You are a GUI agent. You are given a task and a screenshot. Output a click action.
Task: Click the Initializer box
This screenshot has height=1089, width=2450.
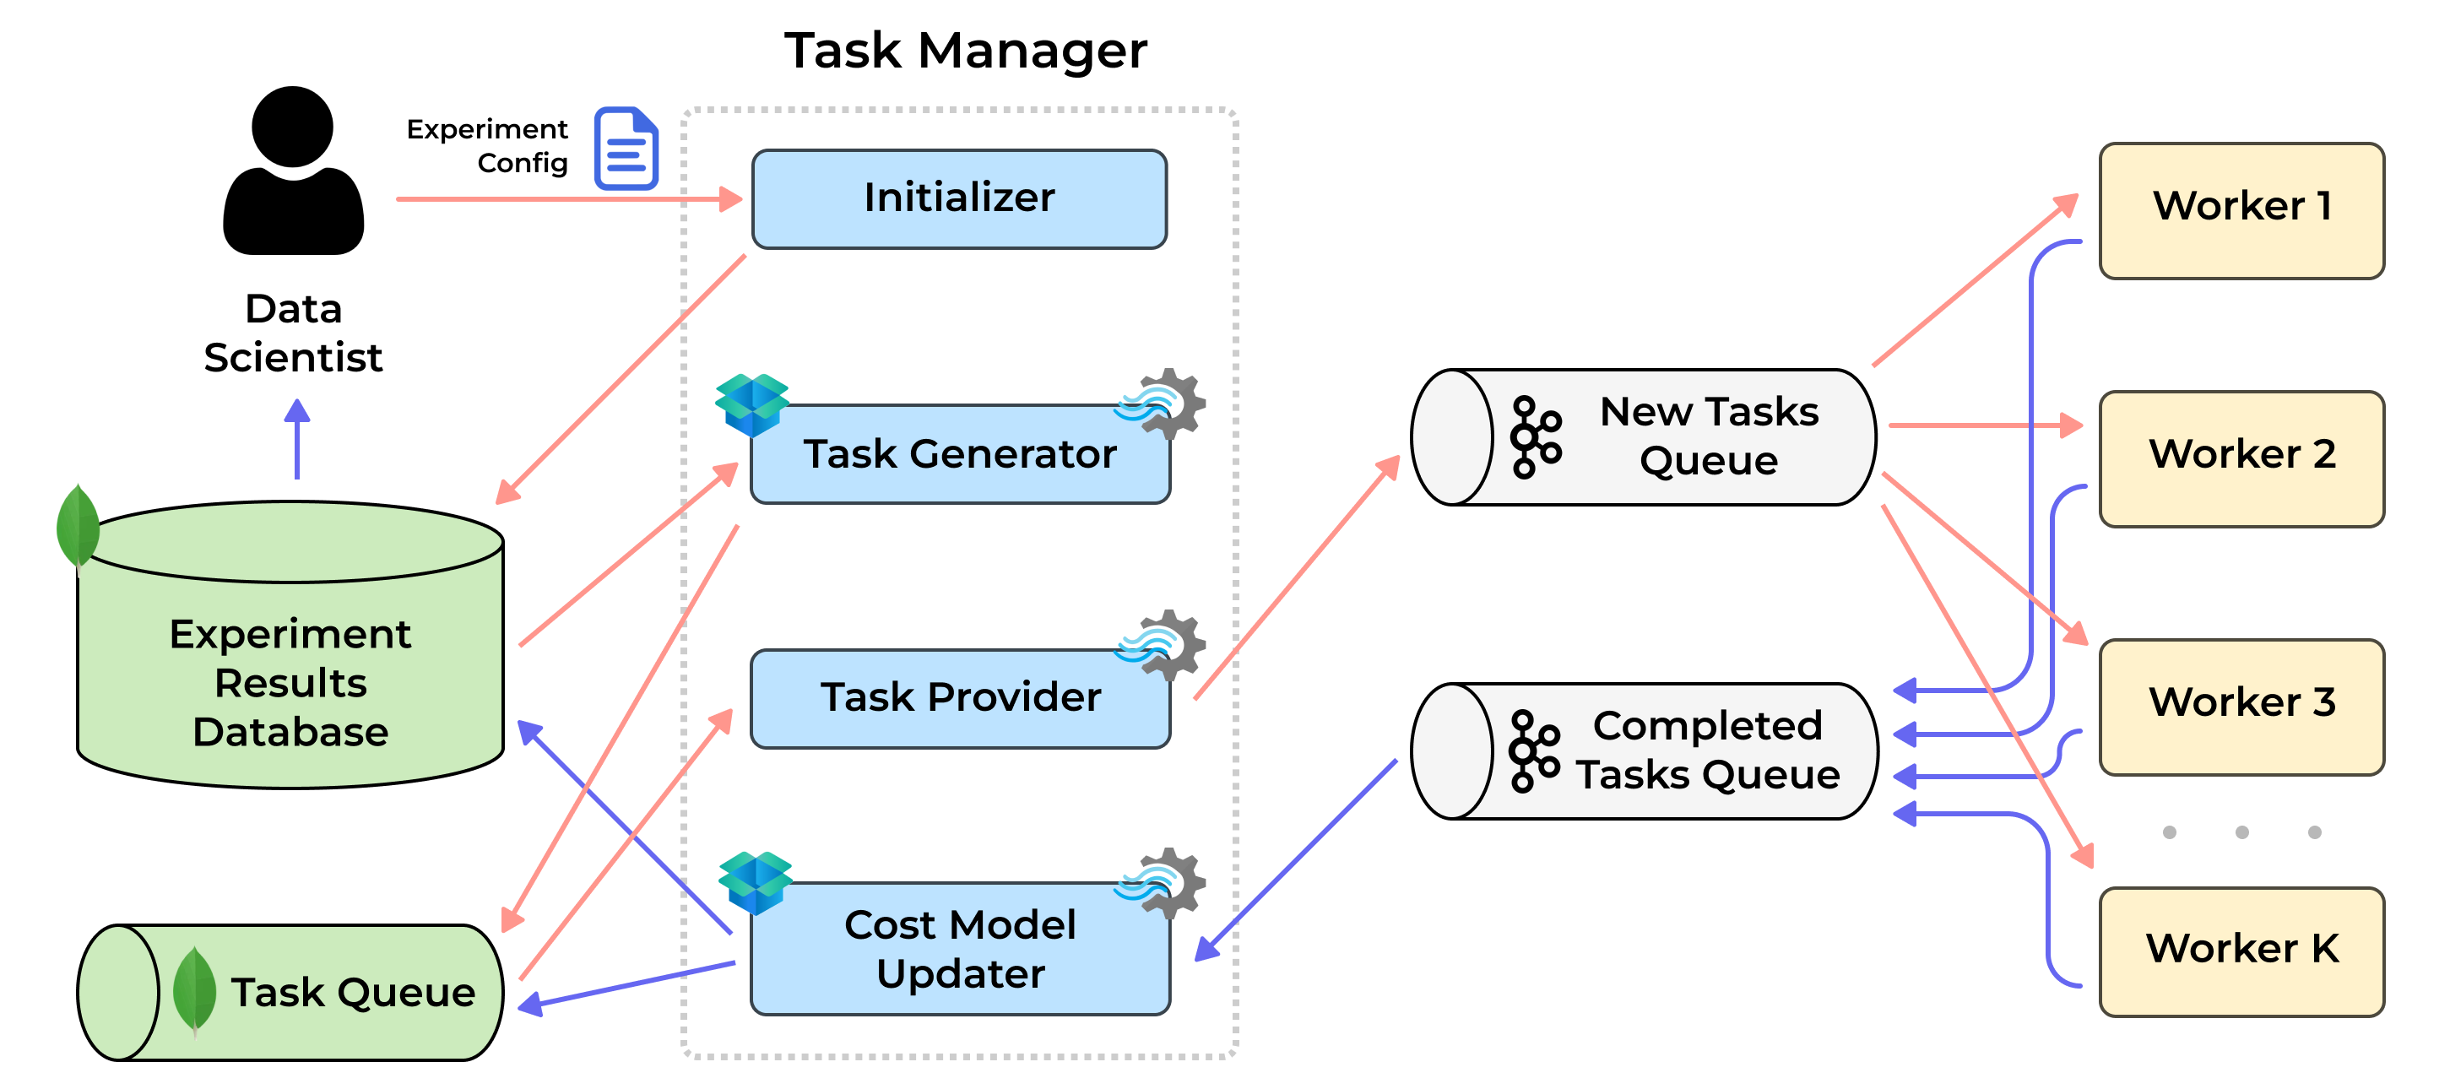click(x=959, y=198)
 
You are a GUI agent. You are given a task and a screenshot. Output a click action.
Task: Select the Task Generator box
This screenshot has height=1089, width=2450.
click(x=960, y=453)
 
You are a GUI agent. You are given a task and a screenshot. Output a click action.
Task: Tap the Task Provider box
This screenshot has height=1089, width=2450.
click(x=960, y=698)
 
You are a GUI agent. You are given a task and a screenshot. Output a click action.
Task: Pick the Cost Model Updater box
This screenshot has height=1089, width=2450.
click(x=960, y=948)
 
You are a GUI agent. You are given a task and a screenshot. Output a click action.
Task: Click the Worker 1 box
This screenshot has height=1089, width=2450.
click(x=2241, y=210)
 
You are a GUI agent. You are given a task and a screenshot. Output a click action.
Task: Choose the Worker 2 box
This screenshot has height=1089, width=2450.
click(x=2241, y=458)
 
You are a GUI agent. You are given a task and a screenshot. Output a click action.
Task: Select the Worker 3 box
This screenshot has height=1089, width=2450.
click(x=2241, y=707)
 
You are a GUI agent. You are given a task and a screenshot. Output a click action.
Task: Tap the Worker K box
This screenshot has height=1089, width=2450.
click(x=2241, y=951)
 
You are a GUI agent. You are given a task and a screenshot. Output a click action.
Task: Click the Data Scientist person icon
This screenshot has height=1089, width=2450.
click(x=293, y=171)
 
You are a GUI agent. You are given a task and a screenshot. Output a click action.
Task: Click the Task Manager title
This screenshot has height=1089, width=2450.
click(x=965, y=51)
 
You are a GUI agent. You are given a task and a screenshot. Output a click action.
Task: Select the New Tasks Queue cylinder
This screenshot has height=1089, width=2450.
click(x=1643, y=436)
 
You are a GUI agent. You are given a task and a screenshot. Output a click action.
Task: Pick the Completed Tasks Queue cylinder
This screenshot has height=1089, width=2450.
click(x=1643, y=750)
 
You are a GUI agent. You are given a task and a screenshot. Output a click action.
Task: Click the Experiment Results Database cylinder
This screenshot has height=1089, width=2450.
click(x=290, y=645)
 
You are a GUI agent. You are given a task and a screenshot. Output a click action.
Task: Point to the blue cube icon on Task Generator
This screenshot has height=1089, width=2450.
click(x=751, y=405)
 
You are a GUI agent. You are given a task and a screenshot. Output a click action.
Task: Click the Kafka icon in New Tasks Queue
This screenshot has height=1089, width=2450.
click(x=1535, y=436)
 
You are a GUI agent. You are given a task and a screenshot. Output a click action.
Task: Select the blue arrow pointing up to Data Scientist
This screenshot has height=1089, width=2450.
click(x=296, y=438)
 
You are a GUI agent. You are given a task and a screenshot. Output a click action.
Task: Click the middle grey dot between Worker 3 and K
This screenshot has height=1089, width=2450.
click(x=2241, y=832)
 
